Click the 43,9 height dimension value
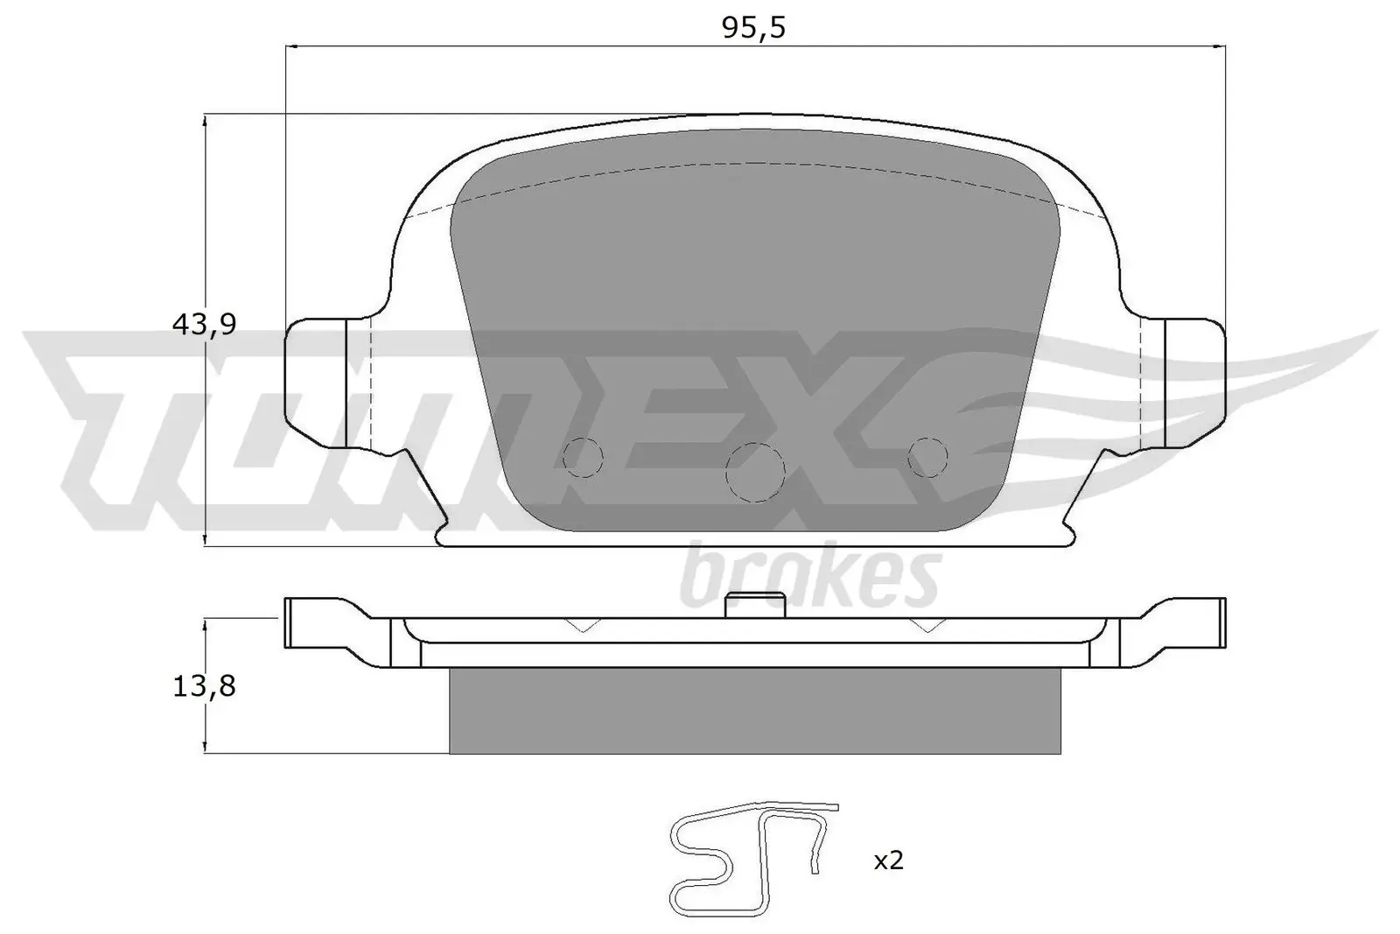pyautogui.click(x=204, y=325)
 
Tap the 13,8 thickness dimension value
pyautogui.click(x=204, y=685)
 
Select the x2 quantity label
pyautogui.click(x=888, y=860)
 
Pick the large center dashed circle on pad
pyautogui.click(x=755, y=472)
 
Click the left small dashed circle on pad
pyautogui.click(x=583, y=455)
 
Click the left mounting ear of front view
pyautogui.click(x=319, y=381)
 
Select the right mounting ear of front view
pyautogui.click(x=1194, y=381)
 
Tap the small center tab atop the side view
pyautogui.click(x=755, y=604)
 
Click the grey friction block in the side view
pyautogui.click(x=754, y=710)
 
